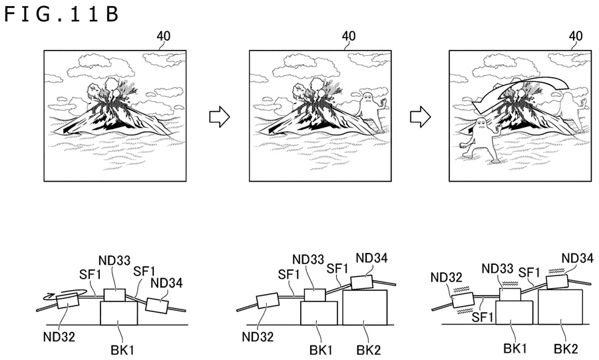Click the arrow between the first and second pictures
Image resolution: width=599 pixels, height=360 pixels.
[220, 117]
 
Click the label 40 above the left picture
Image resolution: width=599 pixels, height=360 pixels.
[163, 36]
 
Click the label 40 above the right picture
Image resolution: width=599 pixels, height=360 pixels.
[577, 36]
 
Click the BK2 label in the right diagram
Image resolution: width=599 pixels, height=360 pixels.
[565, 347]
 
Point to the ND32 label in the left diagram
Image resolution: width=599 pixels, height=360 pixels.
[61, 336]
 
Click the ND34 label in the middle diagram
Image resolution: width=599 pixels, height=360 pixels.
[371, 258]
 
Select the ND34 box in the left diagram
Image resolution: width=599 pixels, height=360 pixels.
[158, 305]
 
